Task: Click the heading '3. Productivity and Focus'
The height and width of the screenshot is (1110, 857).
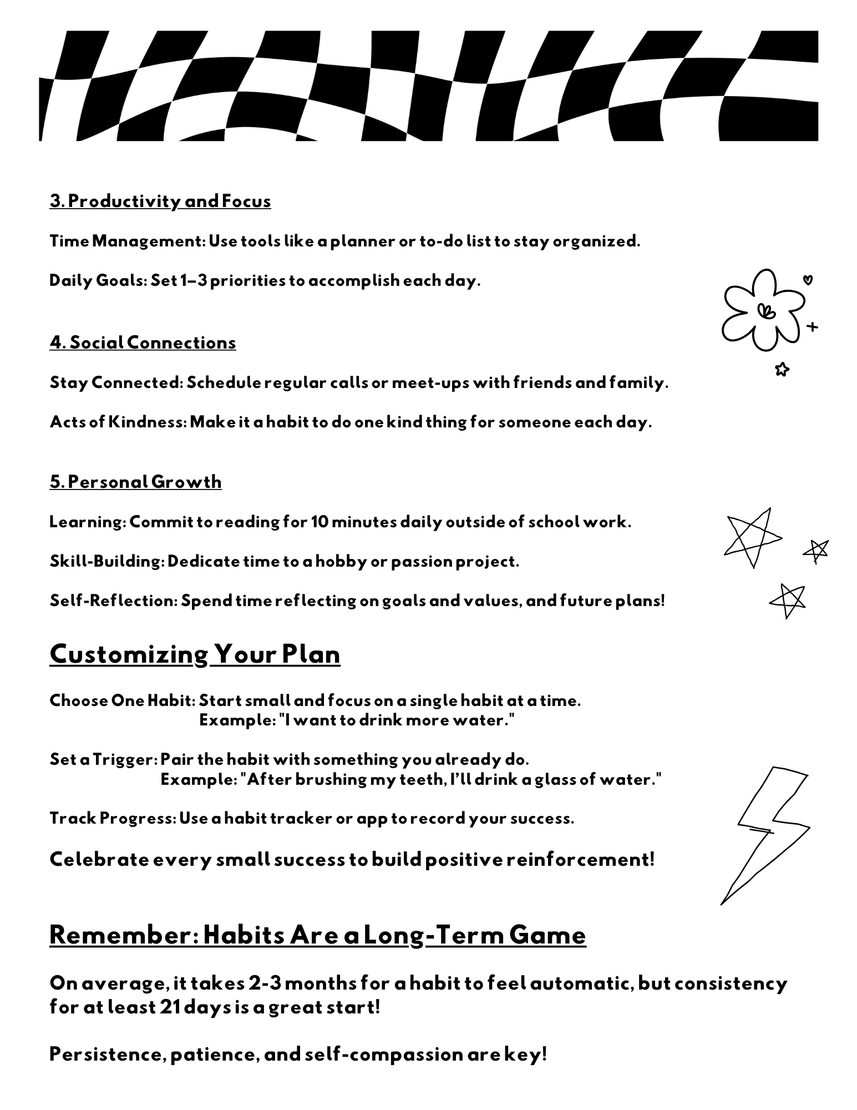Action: pos(160,201)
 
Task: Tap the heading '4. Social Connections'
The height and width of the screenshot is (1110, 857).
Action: pos(143,342)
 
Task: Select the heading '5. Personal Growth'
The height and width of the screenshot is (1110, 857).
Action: pos(135,482)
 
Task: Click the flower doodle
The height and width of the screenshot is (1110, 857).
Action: pos(762,311)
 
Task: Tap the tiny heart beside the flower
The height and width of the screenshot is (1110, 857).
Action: pos(808,280)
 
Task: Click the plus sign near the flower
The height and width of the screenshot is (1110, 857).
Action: pos(812,327)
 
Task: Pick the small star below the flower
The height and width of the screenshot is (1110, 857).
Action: pos(782,369)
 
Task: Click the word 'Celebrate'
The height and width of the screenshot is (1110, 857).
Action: pos(99,860)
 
